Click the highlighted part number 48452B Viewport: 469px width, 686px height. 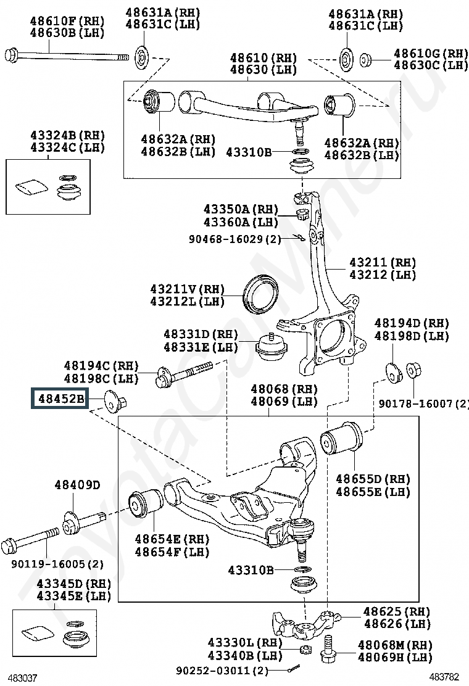61,399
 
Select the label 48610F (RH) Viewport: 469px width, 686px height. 67,21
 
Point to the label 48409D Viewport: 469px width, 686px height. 77,485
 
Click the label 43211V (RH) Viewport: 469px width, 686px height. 187,289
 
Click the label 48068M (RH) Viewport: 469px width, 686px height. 395,645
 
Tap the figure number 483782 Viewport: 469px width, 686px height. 444,677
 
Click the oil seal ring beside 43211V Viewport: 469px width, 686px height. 261,294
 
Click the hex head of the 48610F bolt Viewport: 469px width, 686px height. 11,56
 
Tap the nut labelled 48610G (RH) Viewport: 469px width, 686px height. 365,60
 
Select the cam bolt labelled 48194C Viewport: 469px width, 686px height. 184,374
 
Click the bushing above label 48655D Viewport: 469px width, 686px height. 341,438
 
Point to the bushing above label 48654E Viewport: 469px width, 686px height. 146,505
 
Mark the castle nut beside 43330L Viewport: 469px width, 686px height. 306,649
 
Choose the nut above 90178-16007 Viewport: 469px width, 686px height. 413,370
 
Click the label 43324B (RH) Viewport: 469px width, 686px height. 67,135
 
